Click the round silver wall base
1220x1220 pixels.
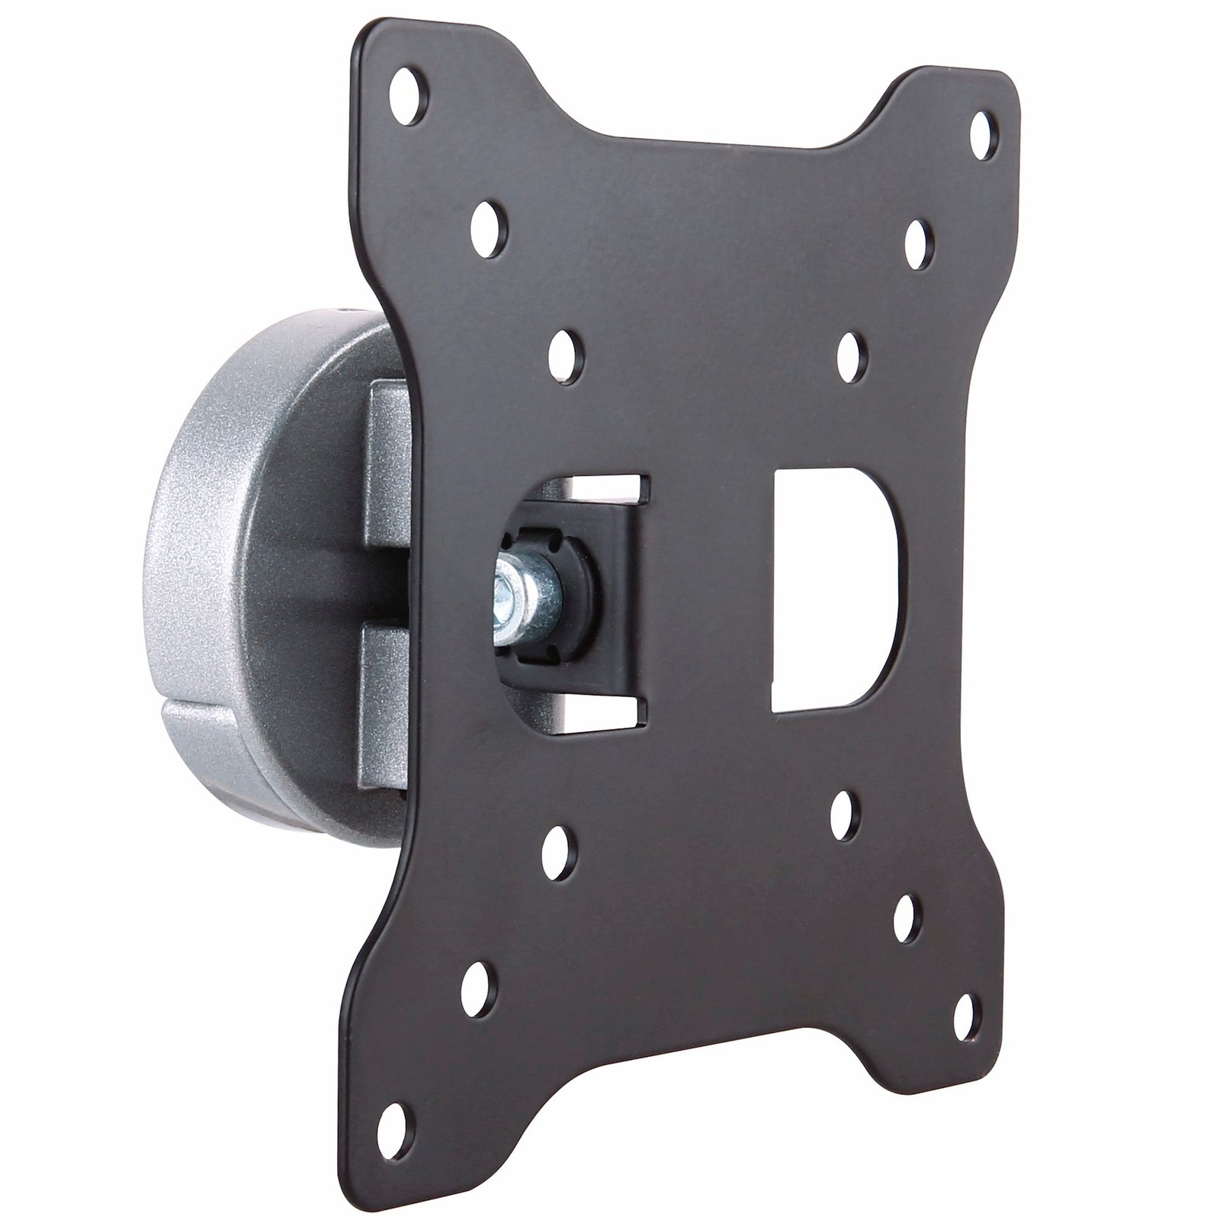click(229, 534)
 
